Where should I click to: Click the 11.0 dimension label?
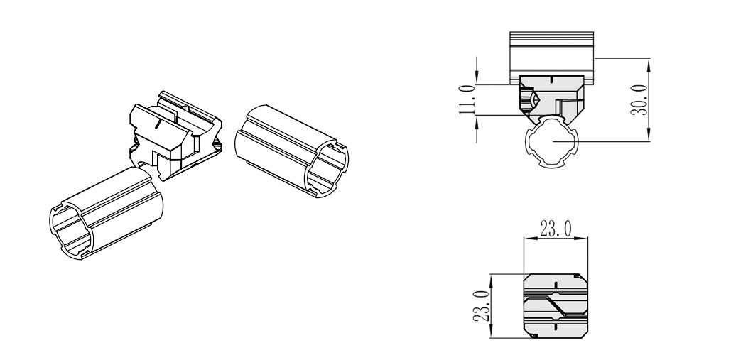click(467, 100)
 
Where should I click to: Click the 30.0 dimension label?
click(639, 100)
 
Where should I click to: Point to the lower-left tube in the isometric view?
click(106, 212)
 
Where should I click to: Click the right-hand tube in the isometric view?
click(292, 151)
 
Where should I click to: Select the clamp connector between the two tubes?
click(175, 136)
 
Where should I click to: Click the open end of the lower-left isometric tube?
click(72, 230)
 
